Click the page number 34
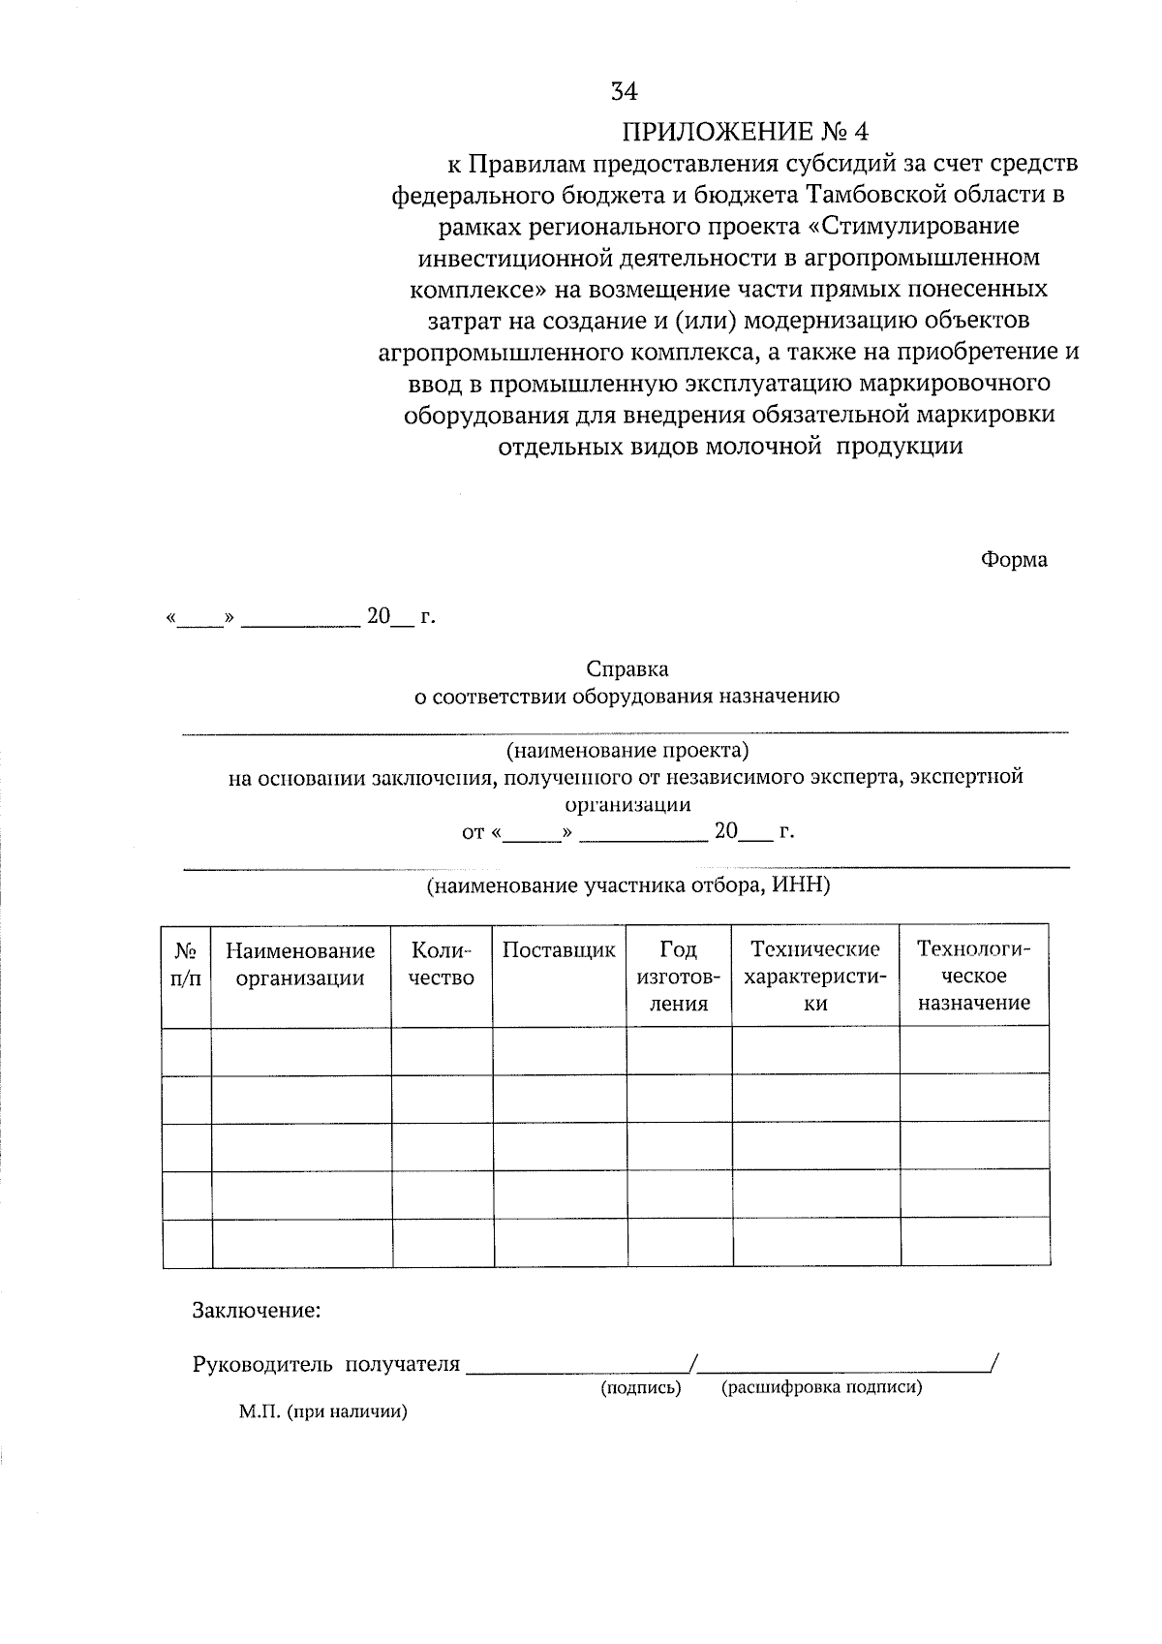tap(624, 92)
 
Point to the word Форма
tap(1013, 560)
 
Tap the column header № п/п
tap(187, 964)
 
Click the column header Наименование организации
tap(300, 964)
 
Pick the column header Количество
tap(442, 964)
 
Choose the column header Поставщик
tap(559, 950)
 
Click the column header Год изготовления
tap(678, 977)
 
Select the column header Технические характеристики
tap(815, 977)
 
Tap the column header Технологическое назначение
tap(974, 977)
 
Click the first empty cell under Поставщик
tap(559, 1051)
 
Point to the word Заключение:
tap(256, 1312)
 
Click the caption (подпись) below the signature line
tap(641, 1388)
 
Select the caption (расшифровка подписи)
tap(821, 1388)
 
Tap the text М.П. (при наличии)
tap(322, 1412)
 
